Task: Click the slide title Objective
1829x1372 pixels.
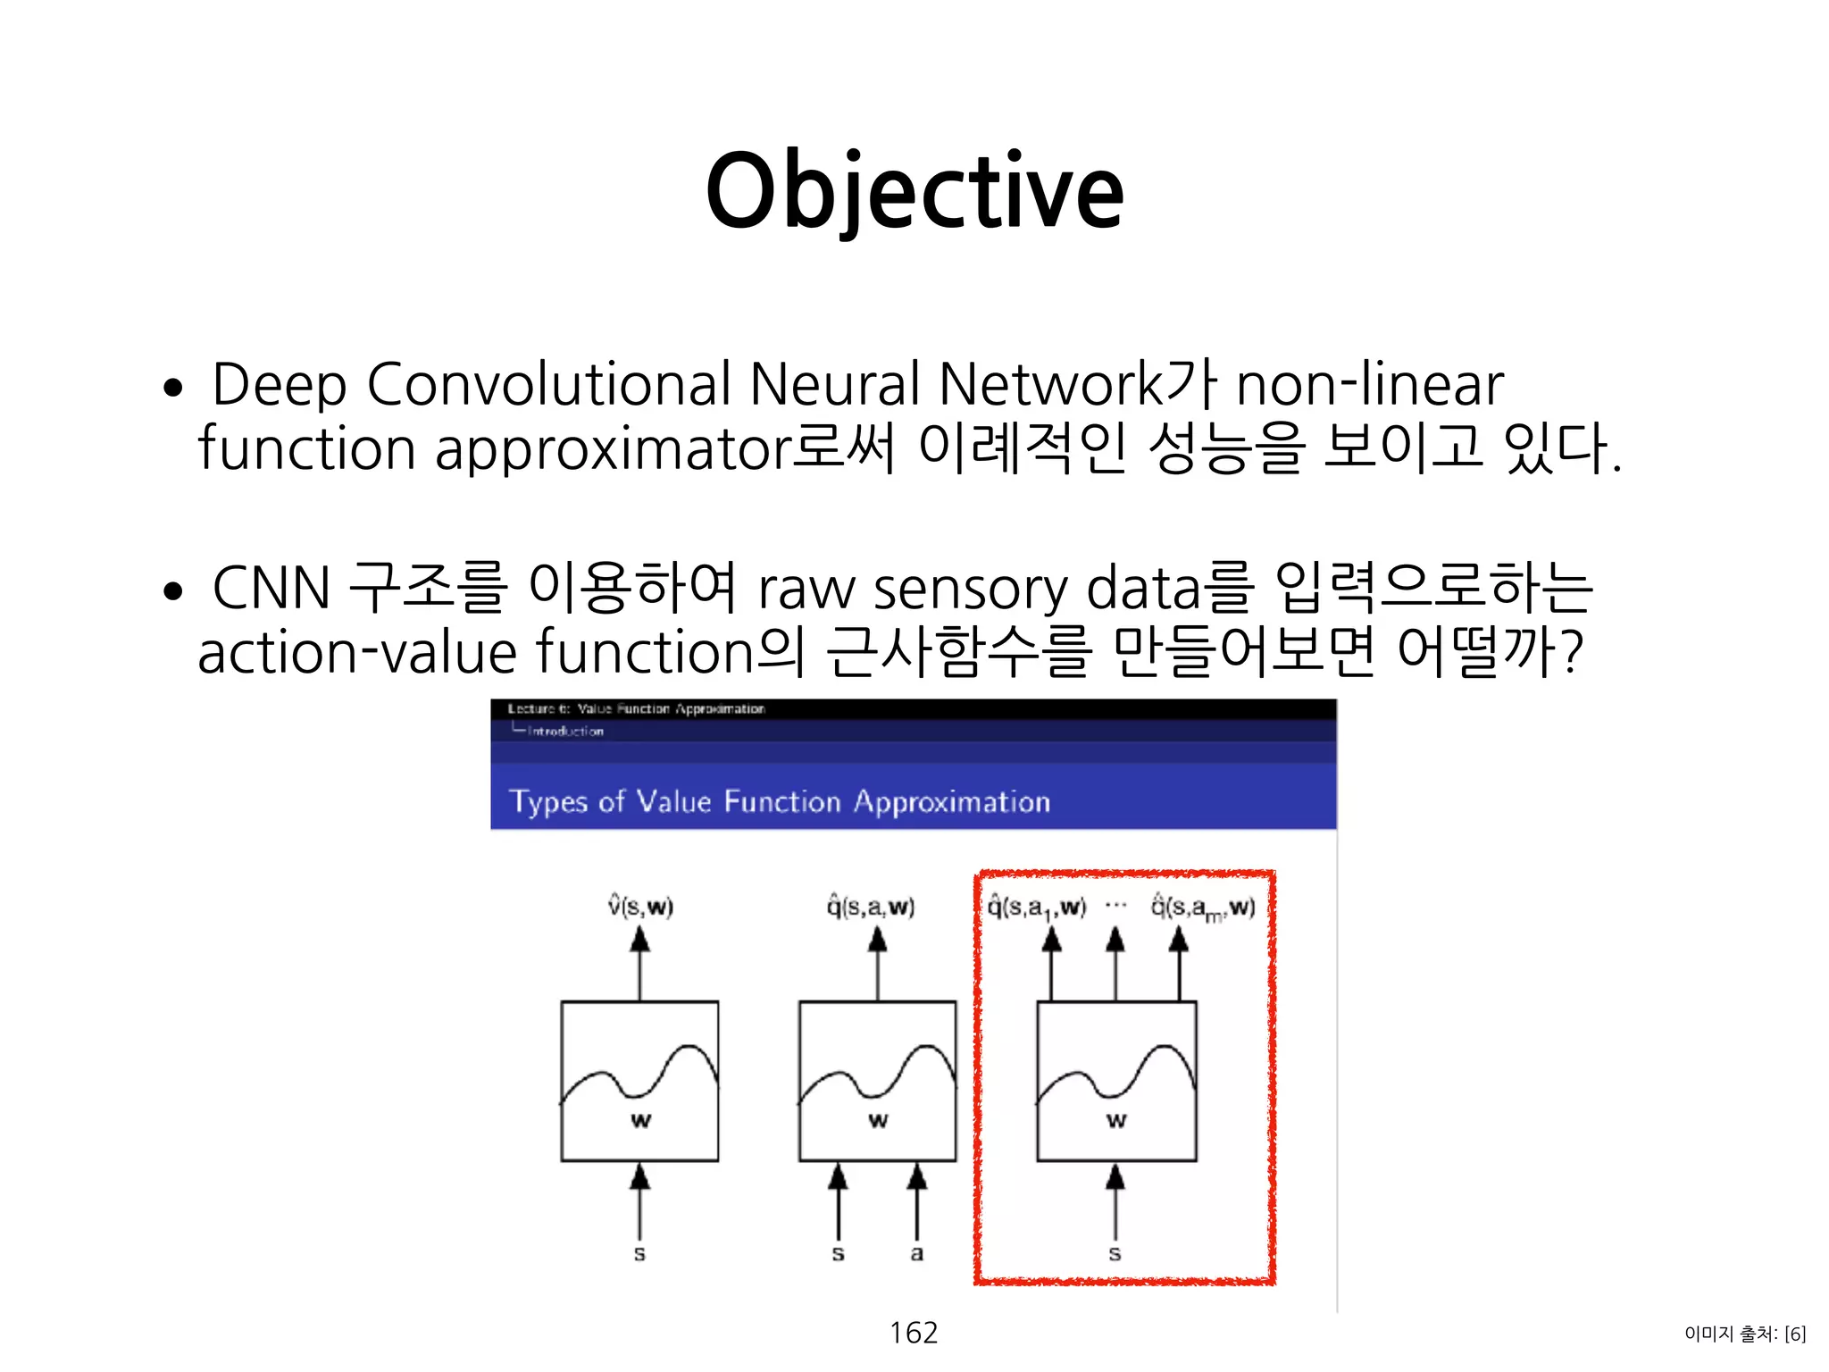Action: (x=914, y=191)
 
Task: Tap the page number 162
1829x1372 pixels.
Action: (x=914, y=1333)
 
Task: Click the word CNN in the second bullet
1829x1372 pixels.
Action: (x=271, y=589)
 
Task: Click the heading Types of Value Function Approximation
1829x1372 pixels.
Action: (x=779, y=801)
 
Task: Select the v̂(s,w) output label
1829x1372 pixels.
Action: (x=640, y=907)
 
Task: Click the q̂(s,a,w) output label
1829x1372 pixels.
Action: (x=871, y=907)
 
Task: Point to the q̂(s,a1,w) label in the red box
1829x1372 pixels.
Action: (x=1037, y=908)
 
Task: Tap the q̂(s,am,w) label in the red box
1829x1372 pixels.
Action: (x=1202, y=908)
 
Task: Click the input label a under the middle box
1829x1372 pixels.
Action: (x=917, y=1253)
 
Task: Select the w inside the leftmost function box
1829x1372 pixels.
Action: (x=640, y=1120)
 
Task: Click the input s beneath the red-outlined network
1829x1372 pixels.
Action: (x=1115, y=1253)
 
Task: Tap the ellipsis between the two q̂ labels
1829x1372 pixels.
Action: (x=1116, y=906)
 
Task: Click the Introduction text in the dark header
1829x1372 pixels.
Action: (x=565, y=731)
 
